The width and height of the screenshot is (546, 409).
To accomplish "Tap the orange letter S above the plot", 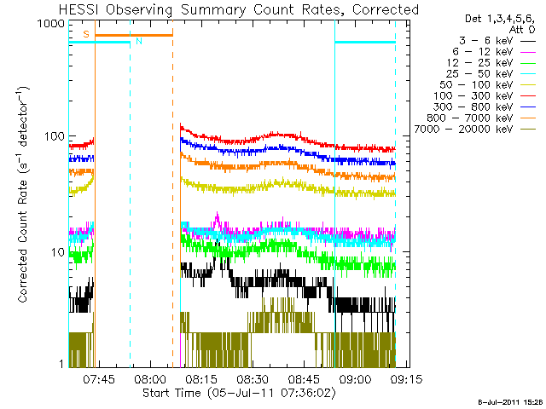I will coord(85,34).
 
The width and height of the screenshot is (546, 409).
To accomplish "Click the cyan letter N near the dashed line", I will coord(139,40).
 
